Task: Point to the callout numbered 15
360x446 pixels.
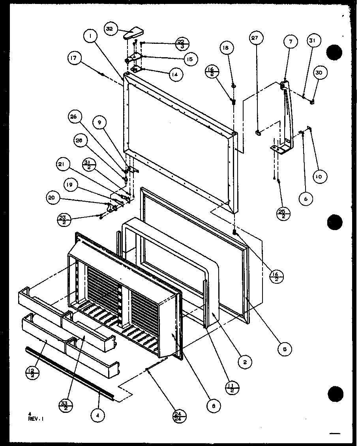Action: pos(190,59)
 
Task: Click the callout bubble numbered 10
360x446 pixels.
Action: pos(319,177)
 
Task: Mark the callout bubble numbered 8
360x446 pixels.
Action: pos(214,405)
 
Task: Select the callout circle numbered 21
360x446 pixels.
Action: pos(64,164)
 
